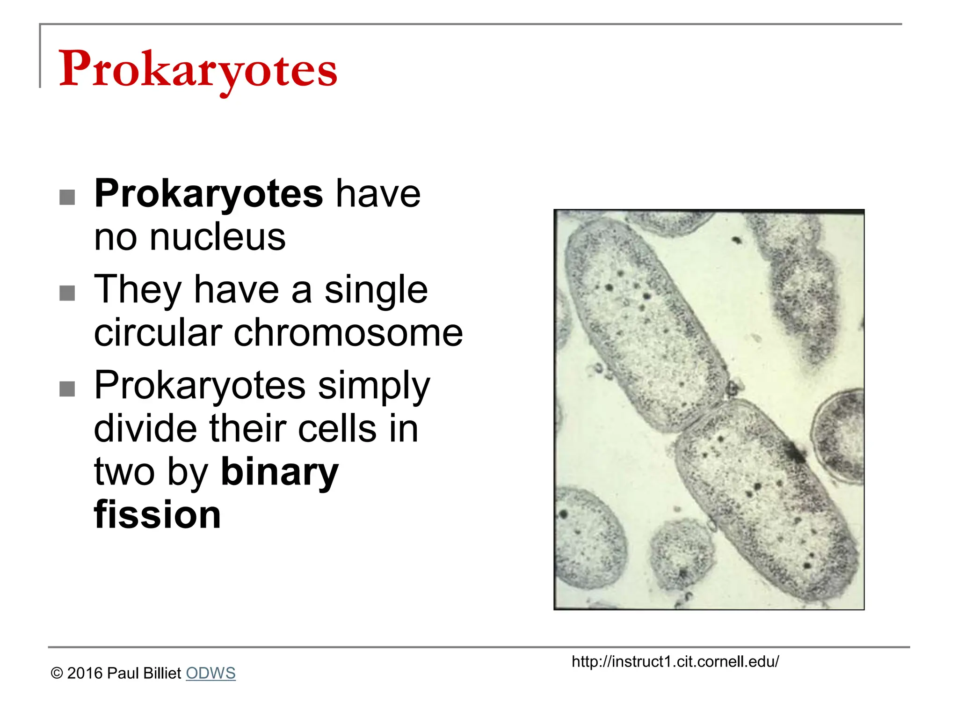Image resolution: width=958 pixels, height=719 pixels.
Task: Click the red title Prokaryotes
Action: (x=197, y=69)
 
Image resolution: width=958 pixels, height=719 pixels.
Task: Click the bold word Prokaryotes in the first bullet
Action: (x=208, y=194)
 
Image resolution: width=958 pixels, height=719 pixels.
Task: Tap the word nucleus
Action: (x=218, y=237)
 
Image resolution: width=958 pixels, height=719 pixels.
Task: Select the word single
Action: (x=376, y=290)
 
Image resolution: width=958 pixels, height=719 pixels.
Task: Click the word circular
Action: (x=158, y=333)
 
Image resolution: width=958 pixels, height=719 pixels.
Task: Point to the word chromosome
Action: (x=348, y=333)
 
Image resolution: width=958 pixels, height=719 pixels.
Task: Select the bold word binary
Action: (x=279, y=472)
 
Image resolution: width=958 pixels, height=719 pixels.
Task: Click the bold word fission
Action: (x=157, y=515)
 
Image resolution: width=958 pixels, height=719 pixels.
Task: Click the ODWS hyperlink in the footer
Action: (x=210, y=673)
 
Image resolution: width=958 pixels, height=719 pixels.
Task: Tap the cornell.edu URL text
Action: (x=675, y=661)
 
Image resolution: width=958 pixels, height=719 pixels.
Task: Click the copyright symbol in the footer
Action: (x=57, y=674)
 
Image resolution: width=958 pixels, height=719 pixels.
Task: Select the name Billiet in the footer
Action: (x=162, y=673)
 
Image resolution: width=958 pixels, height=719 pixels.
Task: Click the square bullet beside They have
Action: (x=67, y=293)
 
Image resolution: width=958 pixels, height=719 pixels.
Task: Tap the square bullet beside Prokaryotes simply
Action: (x=67, y=389)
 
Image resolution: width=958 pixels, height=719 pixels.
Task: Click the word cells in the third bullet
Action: (x=337, y=429)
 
